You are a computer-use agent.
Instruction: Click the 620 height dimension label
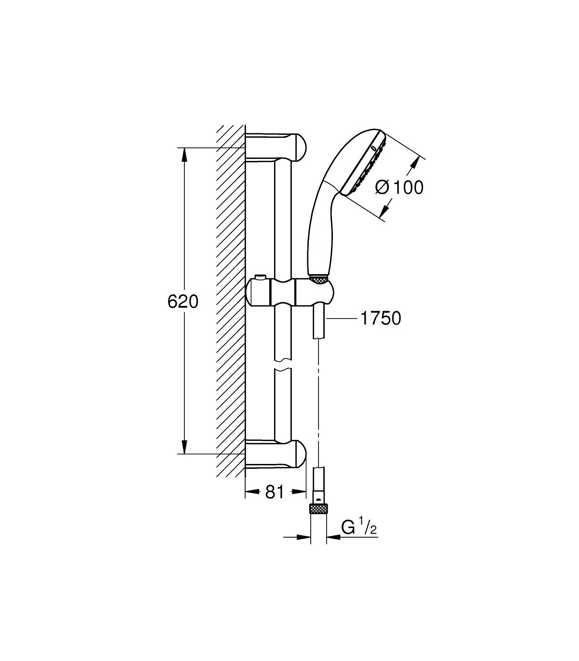click(x=183, y=302)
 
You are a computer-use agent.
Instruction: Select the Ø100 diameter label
click(x=399, y=187)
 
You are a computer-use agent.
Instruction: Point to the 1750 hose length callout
click(x=381, y=318)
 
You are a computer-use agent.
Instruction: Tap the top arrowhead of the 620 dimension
click(x=184, y=155)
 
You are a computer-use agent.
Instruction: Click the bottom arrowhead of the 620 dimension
click(x=184, y=447)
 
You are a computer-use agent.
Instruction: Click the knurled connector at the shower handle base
click(x=319, y=280)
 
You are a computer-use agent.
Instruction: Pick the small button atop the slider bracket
click(x=260, y=277)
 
